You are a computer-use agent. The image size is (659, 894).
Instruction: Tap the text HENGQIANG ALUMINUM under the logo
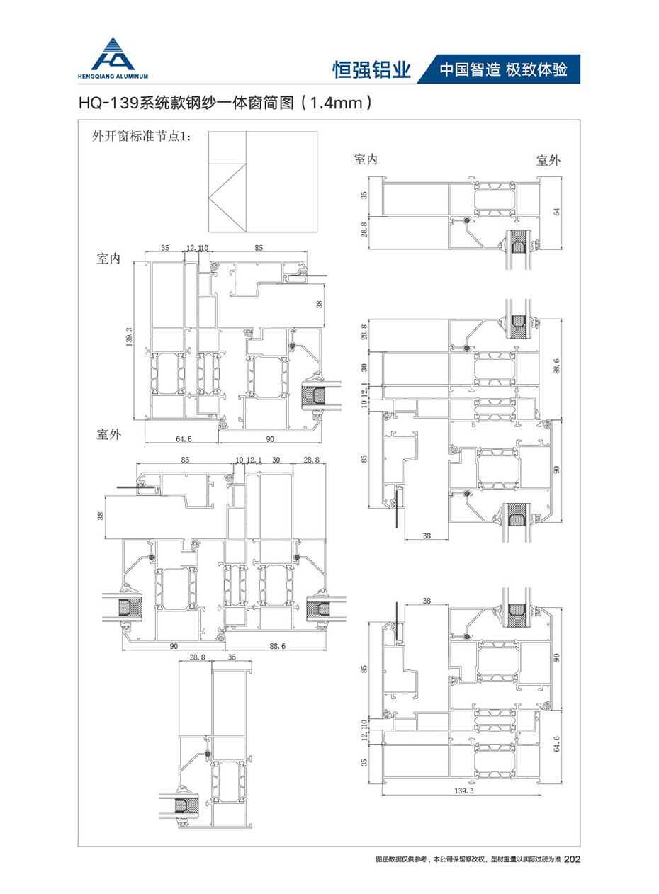pyautogui.click(x=113, y=77)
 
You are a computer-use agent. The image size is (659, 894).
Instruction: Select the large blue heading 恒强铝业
pyautogui.click(x=371, y=70)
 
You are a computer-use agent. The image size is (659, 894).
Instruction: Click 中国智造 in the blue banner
pyautogui.click(x=471, y=69)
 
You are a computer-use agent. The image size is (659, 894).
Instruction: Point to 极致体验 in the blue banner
pyautogui.click(x=536, y=69)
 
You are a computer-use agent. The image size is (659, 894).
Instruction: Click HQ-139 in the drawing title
pyautogui.click(x=108, y=103)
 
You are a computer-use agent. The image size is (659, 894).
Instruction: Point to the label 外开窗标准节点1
pyautogui.click(x=142, y=137)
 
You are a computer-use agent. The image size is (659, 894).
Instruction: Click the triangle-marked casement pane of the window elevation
pyautogui.click(x=227, y=198)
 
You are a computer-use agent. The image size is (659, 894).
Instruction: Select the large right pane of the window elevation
pyautogui.click(x=281, y=182)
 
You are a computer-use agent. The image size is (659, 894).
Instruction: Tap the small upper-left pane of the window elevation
pyautogui.click(x=227, y=147)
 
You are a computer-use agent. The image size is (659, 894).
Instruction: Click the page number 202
pyautogui.click(x=573, y=859)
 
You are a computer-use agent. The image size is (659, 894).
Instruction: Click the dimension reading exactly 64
pyautogui.click(x=556, y=212)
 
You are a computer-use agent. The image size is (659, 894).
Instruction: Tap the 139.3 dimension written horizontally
pyautogui.click(x=464, y=791)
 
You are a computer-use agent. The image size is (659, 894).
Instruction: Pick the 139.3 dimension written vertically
pyautogui.click(x=128, y=337)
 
